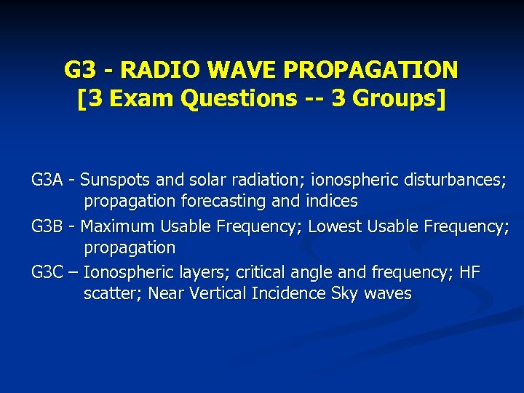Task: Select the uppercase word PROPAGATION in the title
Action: pyautogui.click(x=370, y=70)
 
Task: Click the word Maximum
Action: pyautogui.click(x=117, y=226)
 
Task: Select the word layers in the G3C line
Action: pyautogui.click(x=192, y=273)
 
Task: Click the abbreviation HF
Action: pyautogui.click(x=470, y=273)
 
